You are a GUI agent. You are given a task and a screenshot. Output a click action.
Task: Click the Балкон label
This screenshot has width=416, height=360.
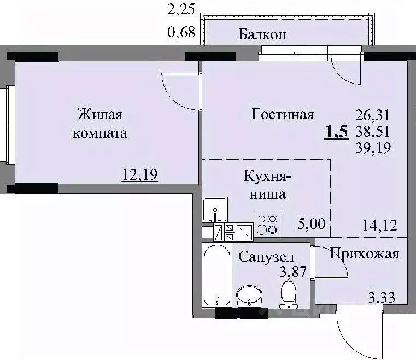click(x=263, y=35)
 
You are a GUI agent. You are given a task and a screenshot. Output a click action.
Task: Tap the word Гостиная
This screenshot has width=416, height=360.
click(x=283, y=114)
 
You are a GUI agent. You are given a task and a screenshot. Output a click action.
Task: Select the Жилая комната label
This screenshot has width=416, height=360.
click(x=102, y=123)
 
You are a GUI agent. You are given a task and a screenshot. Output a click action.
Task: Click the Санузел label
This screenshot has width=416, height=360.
click(x=267, y=256)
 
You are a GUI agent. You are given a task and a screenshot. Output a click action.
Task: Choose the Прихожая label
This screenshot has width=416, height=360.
click(x=364, y=253)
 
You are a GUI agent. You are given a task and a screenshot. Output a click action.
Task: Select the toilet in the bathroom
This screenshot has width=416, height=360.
click(x=288, y=295)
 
